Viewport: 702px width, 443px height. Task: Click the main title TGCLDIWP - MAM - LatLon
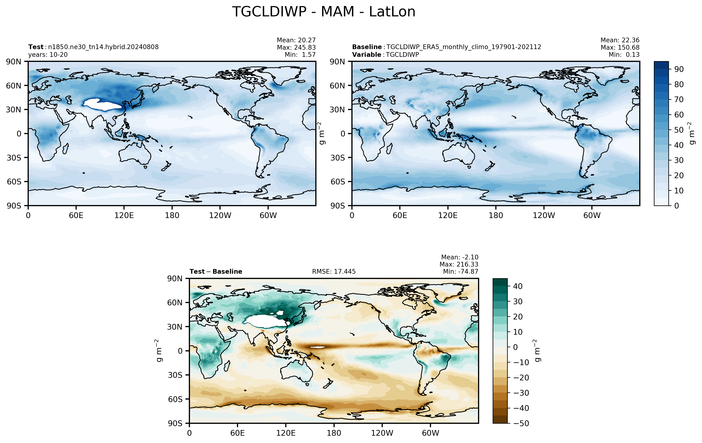(x=324, y=12)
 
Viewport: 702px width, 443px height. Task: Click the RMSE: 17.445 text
(x=334, y=272)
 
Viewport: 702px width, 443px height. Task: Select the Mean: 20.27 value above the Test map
(x=296, y=40)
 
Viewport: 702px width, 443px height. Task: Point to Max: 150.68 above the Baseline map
(x=620, y=47)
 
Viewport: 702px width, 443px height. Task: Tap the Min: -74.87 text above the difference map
(x=461, y=271)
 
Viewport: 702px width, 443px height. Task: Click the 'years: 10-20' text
(x=48, y=55)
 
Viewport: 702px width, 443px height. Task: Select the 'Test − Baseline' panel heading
(x=216, y=272)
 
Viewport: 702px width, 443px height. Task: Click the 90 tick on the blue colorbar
(x=679, y=69)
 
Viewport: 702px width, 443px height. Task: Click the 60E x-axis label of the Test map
(x=76, y=216)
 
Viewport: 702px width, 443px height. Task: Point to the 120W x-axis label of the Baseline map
(x=544, y=216)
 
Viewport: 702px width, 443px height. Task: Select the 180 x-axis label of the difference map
(x=334, y=433)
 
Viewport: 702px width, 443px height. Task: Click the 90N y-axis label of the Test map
(x=14, y=62)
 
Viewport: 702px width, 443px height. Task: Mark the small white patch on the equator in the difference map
(x=318, y=347)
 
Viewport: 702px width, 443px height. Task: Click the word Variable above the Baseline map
(x=366, y=55)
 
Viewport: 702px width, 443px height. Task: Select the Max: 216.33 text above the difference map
(x=459, y=264)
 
